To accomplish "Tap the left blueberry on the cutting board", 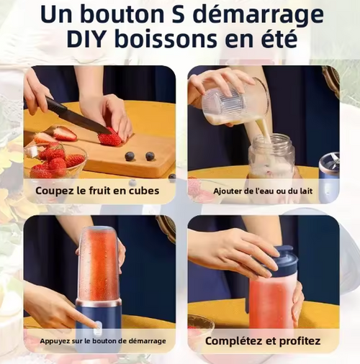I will (130, 156).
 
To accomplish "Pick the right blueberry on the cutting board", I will (150, 156).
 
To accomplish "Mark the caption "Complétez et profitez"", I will (263, 340).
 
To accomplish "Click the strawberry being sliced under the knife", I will (112, 138).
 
